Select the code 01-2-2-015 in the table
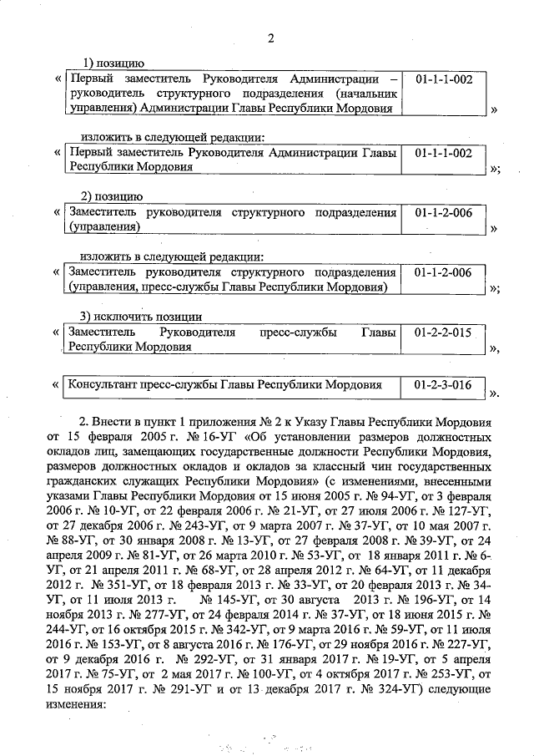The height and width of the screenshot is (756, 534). (443, 332)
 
